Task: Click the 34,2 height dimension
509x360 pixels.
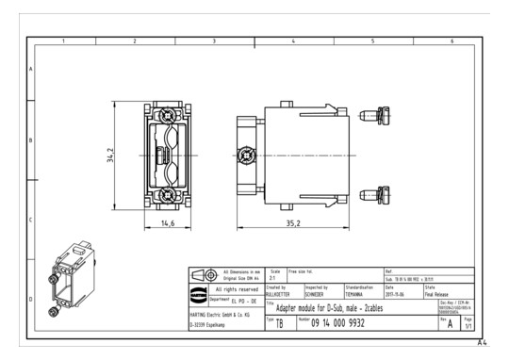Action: pos(111,154)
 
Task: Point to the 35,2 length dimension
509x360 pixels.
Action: pos(294,223)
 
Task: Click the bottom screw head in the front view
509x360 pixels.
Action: pos(167,195)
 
